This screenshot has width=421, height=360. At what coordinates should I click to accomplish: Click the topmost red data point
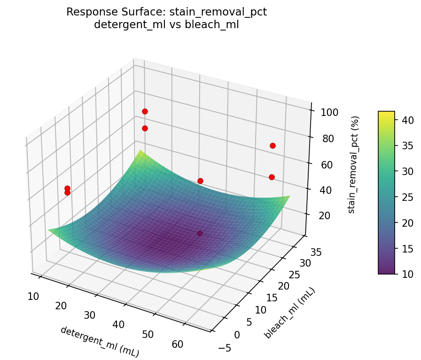click(145, 111)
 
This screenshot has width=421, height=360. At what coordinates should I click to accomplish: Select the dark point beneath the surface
click(200, 233)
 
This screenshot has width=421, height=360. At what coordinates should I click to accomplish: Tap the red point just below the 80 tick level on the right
click(273, 146)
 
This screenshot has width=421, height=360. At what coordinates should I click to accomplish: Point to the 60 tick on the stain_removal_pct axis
click(325, 164)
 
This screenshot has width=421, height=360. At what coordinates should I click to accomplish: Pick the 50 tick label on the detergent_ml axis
click(148, 334)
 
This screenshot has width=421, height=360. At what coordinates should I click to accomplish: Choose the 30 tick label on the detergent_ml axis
click(90, 314)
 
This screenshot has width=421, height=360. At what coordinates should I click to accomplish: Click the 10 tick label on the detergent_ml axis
click(33, 296)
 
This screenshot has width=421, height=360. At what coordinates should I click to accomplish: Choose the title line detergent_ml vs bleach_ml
click(166, 25)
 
